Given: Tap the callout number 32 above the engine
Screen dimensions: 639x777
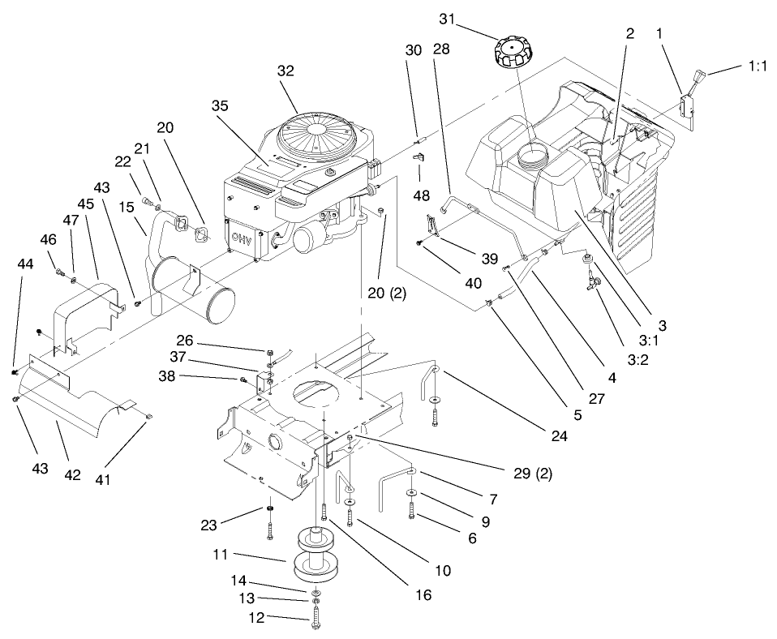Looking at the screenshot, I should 286,71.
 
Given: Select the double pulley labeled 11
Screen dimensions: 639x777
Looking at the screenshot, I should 313,555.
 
